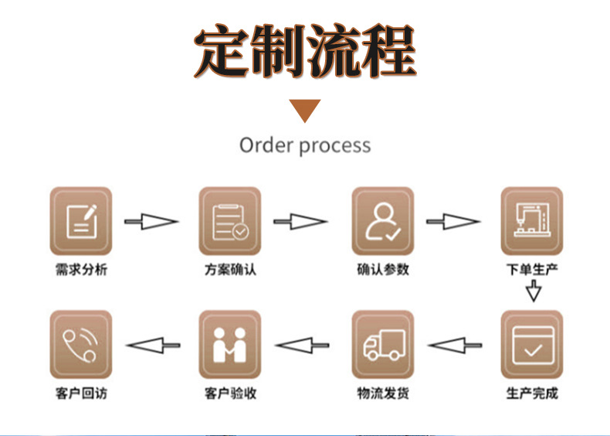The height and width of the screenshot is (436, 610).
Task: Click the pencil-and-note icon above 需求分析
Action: (80, 221)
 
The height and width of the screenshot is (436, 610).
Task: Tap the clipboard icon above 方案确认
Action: (230, 221)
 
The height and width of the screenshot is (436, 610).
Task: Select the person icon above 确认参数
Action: (382, 221)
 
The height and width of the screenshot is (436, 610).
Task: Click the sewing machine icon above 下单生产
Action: (531, 221)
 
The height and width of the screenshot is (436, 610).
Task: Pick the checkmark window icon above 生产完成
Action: (531, 344)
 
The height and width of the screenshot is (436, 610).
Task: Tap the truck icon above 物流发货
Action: (382, 344)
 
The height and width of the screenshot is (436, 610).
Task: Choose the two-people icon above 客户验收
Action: (230, 344)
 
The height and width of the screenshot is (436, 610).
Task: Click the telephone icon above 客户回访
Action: (80, 344)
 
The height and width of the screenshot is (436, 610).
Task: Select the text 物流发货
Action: (383, 393)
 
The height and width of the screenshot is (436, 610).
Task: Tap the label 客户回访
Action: (81, 393)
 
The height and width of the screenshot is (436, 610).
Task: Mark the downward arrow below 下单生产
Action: (533, 292)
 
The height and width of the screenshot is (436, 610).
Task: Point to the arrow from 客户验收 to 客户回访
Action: (153, 344)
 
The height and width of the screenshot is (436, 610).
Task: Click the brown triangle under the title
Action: (305, 110)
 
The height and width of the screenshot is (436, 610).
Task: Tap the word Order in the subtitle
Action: (266, 145)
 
